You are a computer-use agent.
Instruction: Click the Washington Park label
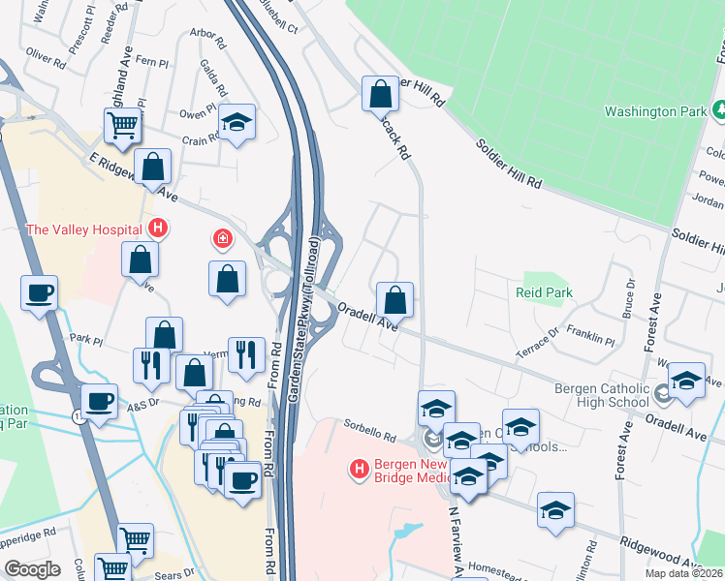(655, 111)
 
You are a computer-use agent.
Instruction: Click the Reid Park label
(544, 292)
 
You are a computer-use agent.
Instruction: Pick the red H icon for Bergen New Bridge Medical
(359, 470)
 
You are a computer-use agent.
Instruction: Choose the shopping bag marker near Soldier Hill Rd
(380, 94)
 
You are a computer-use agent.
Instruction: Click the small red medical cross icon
(223, 238)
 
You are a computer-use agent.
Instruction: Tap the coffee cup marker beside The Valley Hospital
(39, 292)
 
